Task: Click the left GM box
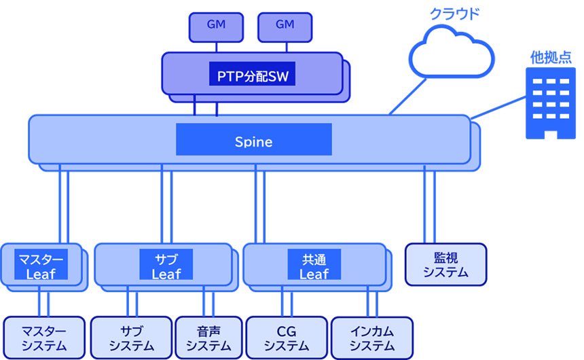coord(215,26)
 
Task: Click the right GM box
coord(285,26)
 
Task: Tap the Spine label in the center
coord(253,142)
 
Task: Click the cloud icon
coord(451,52)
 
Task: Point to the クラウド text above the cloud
coord(453,13)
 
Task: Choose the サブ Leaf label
coord(166,266)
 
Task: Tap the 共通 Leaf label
coord(314,266)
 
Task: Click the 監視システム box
coord(445,264)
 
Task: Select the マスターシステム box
coord(44,338)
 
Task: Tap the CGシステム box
coord(286,338)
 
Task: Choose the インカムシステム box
coord(371,338)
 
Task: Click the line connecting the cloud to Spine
coord(408,96)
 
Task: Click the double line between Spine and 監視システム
coord(429,204)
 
